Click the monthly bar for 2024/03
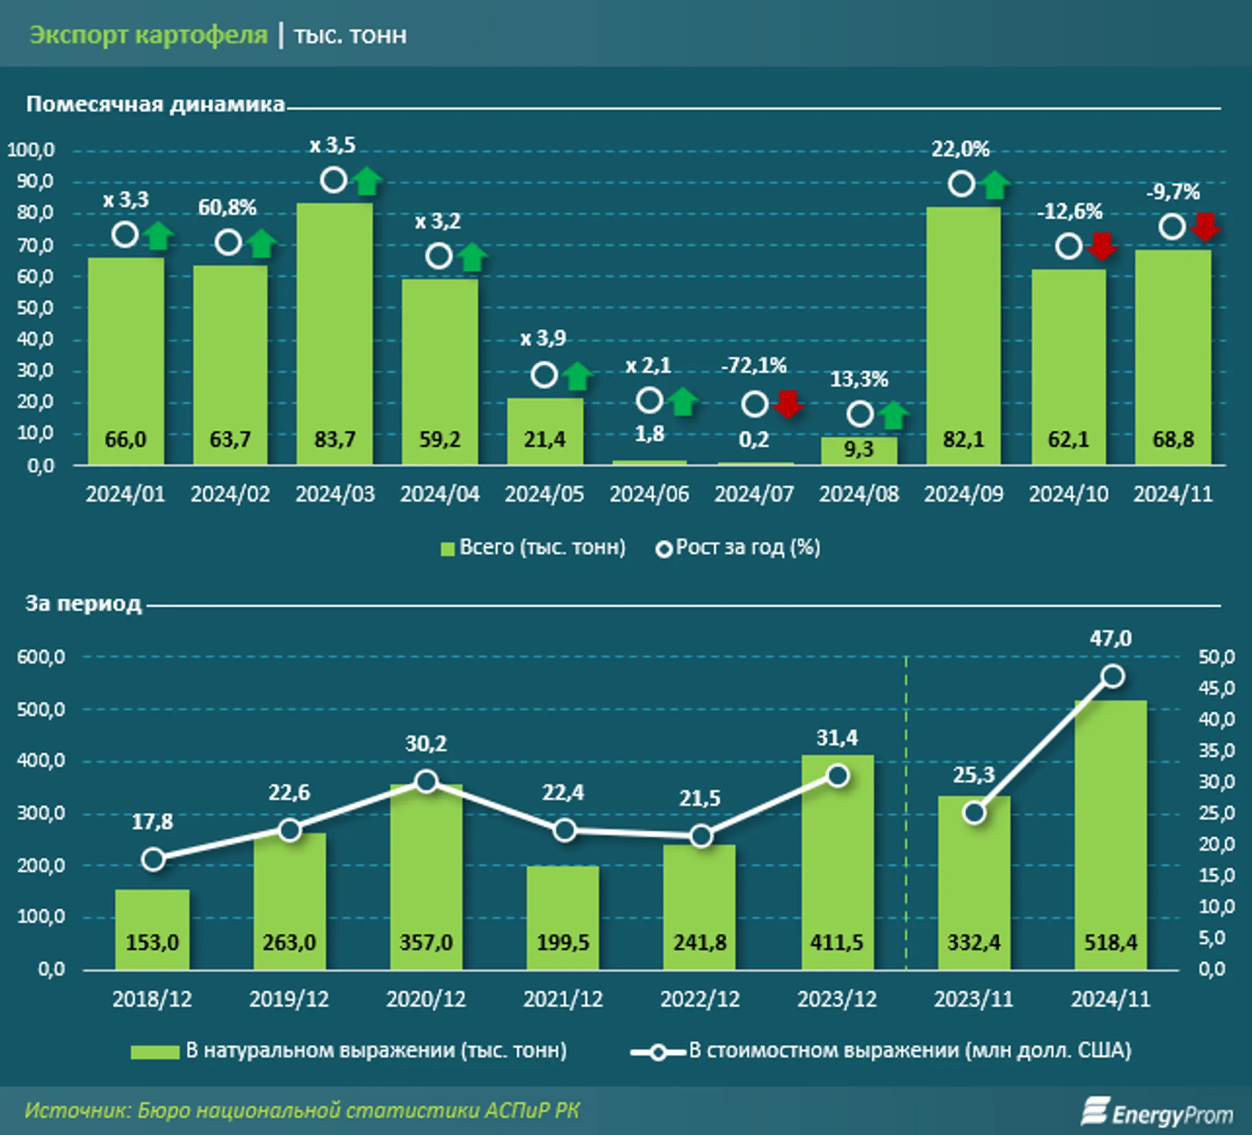[x=335, y=334]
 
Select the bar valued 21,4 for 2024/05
[x=545, y=431]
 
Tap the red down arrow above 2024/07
[x=788, y=404]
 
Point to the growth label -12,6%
[x=1069, y=212]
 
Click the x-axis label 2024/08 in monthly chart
[x=859, y=494]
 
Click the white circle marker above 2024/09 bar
[x=962, y=184]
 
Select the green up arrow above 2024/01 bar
[x=159, y=235]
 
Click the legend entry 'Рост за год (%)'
[x=738, y=548]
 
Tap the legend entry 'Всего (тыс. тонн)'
[x=533, y=548]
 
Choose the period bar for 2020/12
[x=426, y=876]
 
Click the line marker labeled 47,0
[x=1112, y=676]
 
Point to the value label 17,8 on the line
[x=152, y=822]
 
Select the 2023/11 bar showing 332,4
[x=974, y=883]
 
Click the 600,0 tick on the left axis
[x=41, y=657]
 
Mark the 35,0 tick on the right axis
[x=1217, y=751]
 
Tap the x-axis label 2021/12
[x=563, y=999]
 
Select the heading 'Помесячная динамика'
[x=155, y=104]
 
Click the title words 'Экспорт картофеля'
[x=148, y=35]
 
